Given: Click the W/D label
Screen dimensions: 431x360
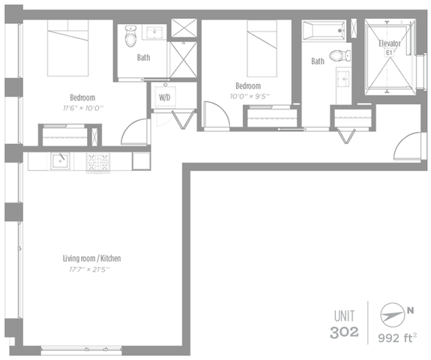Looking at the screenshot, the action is point(164,97).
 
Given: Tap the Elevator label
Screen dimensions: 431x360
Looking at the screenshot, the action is point(390,43).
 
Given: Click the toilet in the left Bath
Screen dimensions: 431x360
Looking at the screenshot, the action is point(130,36).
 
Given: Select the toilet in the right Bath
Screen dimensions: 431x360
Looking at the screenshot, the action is point(340,55).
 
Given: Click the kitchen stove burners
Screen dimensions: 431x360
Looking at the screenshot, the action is point(98,162).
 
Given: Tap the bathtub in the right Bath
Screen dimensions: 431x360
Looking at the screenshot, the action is point(324,31).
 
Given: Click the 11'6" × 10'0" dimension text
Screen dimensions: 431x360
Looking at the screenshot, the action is point(83,108).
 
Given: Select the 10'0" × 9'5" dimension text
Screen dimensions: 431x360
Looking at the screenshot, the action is point(250,96).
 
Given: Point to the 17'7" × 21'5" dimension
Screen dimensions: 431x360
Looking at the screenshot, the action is point(89,269).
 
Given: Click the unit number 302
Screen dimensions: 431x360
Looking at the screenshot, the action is point(344,332).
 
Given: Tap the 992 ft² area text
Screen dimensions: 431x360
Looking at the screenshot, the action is point(397,337).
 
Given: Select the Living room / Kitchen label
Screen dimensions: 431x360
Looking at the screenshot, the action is point(91,259).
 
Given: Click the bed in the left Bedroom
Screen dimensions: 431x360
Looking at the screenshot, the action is point(68,48).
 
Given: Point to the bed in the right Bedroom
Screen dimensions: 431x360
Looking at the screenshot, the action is point(262,49).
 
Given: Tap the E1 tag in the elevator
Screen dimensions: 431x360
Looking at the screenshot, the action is point(389,52).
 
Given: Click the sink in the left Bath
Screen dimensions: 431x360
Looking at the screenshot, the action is point(154,32).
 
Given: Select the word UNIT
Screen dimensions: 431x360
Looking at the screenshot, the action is point(344,316).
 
